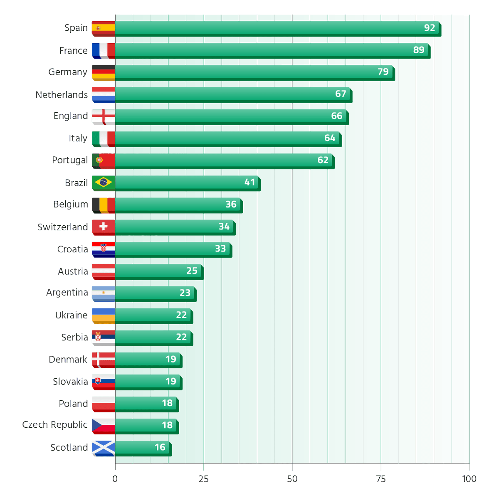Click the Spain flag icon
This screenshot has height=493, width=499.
(x=103, y=29)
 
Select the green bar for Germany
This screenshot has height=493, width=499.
(x=255, y=73)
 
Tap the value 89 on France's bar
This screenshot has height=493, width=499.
(x=418, y=50)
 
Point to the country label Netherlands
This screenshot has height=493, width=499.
(x=62, y=95)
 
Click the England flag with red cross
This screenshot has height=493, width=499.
(x=103, y=117)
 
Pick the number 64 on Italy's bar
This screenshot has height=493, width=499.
(x=330, y=138)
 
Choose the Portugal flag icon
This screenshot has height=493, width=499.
(x=103, y=161)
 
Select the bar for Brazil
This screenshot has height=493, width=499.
(x=188, y=183)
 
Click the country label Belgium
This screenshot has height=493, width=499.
(x=70, y=205)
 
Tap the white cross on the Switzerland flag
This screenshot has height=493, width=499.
(x=103, y=226)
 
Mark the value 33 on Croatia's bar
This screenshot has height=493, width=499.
(x=220, y=249)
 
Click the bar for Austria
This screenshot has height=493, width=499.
(x=159, y=272)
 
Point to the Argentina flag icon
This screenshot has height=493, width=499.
(x=103, y=294)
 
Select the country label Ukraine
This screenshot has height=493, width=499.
(x=72, y=315)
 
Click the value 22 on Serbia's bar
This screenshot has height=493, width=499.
(x=181, y=337)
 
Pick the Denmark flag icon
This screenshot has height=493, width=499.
(x=103, y=360)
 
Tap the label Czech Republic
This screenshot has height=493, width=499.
(x=55, y=425)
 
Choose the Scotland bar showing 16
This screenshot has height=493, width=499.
(x=143, y=449)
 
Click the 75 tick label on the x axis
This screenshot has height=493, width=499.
(x=380, y=479)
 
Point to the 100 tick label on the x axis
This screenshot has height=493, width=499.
(x=469, y=479)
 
